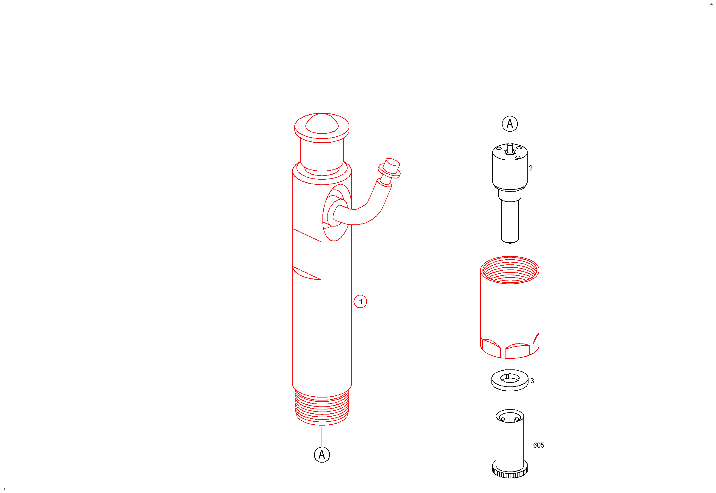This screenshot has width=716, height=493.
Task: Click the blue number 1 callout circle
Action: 360,302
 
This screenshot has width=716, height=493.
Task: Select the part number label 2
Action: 531,168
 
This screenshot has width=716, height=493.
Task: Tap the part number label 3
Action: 532,381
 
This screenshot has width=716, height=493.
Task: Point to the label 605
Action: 539,446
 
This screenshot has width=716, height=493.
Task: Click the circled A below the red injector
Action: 322,455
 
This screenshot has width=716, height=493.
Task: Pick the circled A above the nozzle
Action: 510,124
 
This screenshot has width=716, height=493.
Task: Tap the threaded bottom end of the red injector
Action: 322,408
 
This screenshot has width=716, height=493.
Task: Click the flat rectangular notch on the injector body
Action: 307,254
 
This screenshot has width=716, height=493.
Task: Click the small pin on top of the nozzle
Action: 510,148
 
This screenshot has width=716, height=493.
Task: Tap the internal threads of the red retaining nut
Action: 510,271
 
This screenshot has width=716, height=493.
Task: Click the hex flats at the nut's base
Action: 510,349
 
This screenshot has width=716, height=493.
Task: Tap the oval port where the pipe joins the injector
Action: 335,213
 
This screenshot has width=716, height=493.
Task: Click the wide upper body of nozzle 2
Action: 510,168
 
